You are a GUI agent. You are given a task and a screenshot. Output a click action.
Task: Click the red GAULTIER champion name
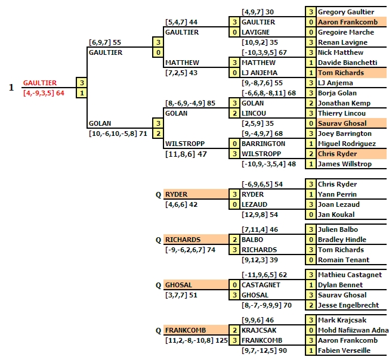click(40, 83)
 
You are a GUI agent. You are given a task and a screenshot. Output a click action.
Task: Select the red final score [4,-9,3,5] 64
click(44, 93)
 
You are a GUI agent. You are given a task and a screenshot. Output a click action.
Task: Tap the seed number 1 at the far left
click(11, 88)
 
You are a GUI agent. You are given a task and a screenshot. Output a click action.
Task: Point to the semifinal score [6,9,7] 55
click(105, 42)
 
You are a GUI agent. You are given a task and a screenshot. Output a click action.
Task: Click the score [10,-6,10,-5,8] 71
click(118, 134)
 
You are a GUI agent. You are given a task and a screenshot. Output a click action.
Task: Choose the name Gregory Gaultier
click(346, 12)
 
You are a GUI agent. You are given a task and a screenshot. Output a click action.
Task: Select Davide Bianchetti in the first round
click(348, 63)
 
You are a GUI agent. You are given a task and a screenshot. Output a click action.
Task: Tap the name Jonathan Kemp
click(344, 103)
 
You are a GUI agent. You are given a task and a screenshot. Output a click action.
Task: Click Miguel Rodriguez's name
click(347, 144)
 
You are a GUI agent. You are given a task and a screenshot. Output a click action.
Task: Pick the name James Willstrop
click(345, 164)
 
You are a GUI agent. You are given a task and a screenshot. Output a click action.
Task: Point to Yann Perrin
click(338, 194)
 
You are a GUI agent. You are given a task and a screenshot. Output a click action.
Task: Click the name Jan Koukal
click(336, 215)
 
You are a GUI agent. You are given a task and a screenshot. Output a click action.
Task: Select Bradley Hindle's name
click(342, 240)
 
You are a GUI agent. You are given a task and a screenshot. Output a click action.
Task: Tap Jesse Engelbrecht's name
click(348, 305)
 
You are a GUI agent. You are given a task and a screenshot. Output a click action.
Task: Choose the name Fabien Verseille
click(344, 350)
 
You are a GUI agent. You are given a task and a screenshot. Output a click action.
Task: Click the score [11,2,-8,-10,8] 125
click(196, 340)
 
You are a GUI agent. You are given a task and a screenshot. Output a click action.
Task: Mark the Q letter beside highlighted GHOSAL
click(158, 285)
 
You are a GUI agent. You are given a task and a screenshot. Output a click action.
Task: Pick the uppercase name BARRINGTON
click(263, 144)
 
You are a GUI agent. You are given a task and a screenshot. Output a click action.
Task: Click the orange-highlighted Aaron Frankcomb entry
click(348, 22)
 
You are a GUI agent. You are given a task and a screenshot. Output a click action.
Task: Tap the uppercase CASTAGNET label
click(261, 285)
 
